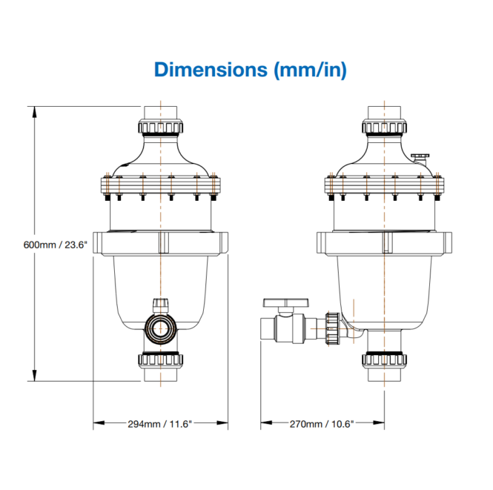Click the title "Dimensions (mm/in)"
point(250,70)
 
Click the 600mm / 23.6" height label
point(56,244)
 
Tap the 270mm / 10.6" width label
point(321,424)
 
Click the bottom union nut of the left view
point(159,360)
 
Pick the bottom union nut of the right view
point(383,360)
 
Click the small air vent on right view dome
point(420,154)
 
